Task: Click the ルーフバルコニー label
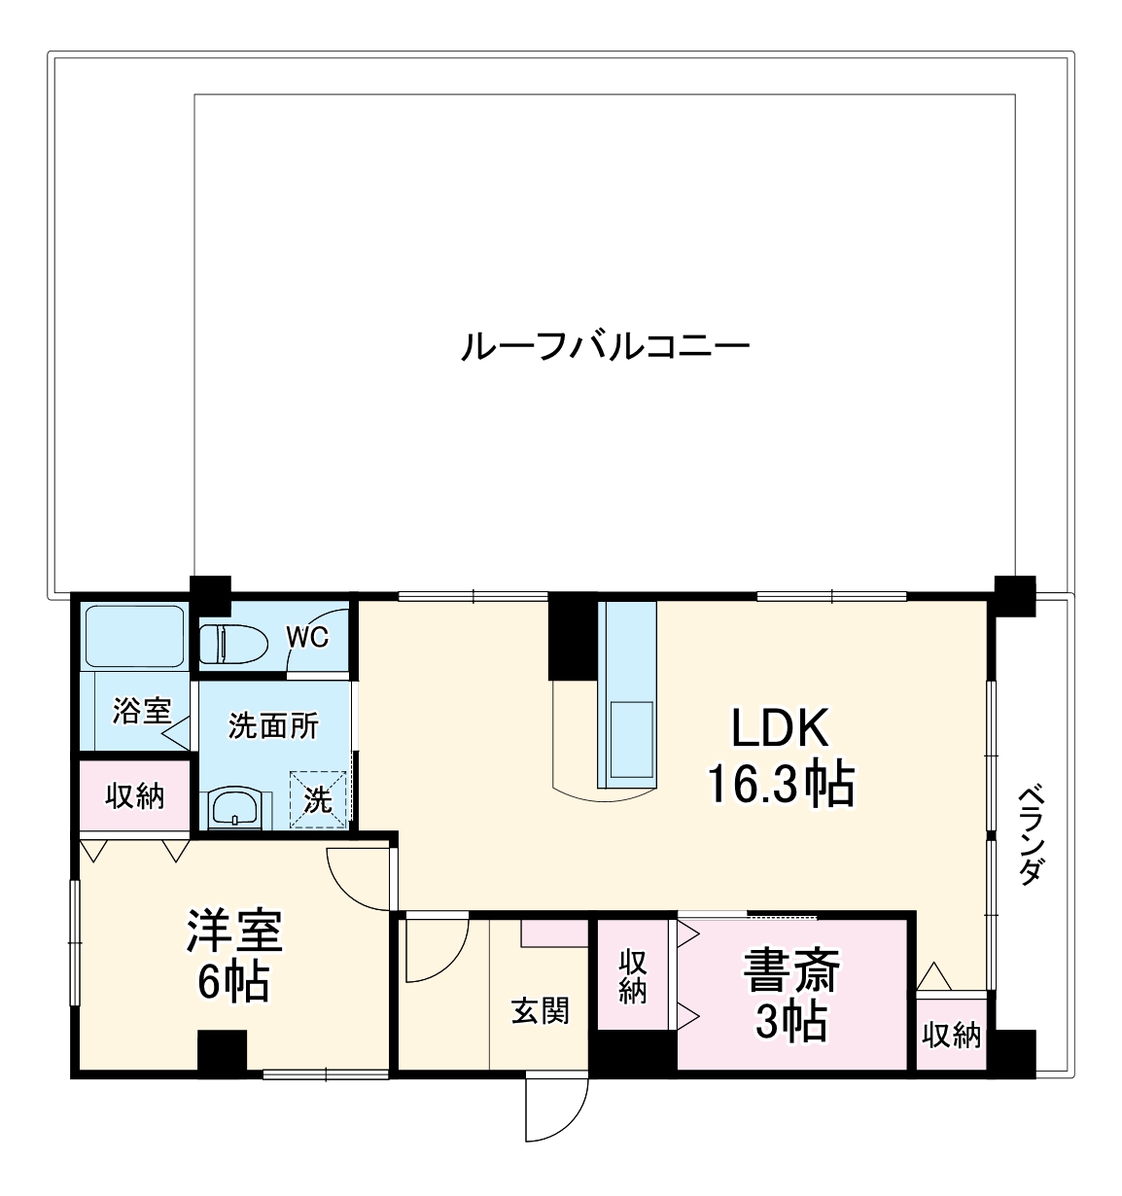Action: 604,347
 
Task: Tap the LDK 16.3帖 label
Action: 780,756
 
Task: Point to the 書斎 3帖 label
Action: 791,995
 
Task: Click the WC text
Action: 307,638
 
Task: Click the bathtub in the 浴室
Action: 134,635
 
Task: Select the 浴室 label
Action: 141,711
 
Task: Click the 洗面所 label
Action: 273,725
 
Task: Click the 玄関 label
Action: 541,1012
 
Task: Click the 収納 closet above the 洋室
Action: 135,796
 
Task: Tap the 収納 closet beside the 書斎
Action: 633,975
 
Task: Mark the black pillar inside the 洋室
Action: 222,1051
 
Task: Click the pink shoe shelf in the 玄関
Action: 554,932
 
